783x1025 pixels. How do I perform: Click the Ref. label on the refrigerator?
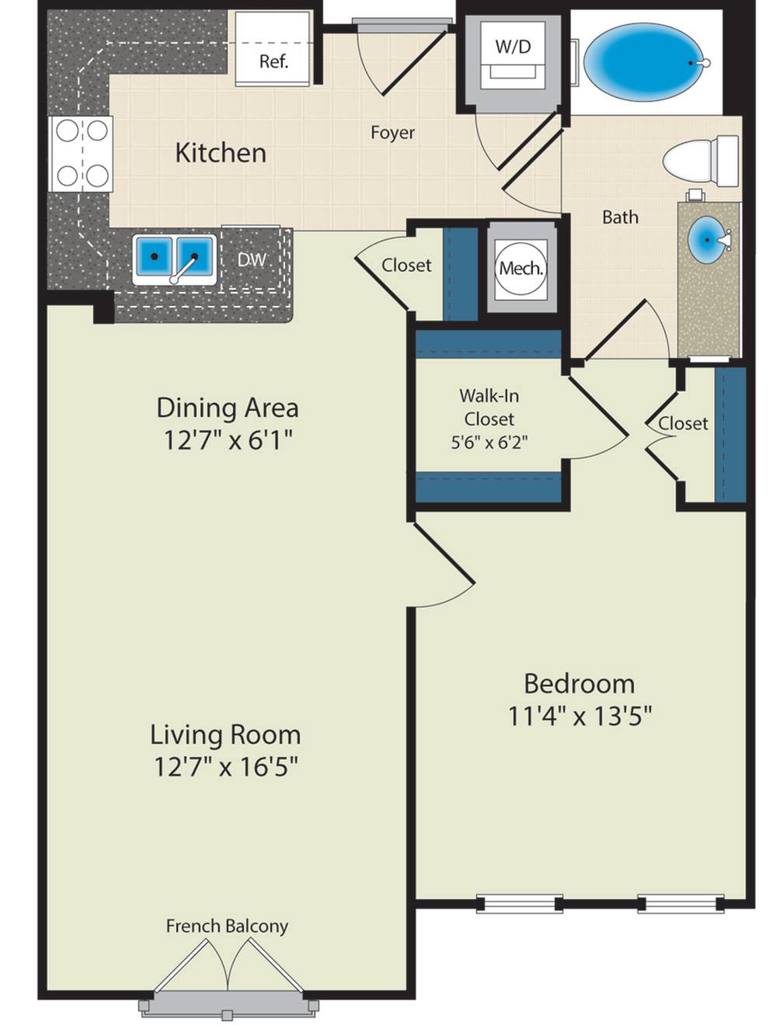pos(273,61)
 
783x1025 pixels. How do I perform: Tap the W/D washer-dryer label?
pos(513,47)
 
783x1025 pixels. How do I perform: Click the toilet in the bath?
pos(701,161)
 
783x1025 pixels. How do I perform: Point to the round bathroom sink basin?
pos(708,240)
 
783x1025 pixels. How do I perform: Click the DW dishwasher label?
pos(252,259)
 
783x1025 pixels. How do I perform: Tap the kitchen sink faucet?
pos(183,269)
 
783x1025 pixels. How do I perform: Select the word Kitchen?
pos(221,153)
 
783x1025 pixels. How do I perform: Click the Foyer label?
pos(392,133)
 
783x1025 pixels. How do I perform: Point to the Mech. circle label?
pos(520,268)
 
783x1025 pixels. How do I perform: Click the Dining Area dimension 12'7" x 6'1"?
pos(228,440)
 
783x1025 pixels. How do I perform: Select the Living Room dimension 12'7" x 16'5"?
pos(226,766)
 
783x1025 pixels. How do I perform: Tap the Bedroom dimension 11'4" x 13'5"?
pos(579,715)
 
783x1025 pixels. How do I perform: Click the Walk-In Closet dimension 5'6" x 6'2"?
pos(489,442)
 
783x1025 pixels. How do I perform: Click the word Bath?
pos(620,217)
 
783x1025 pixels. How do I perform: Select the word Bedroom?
pos(579,683)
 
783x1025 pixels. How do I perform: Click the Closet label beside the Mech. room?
pos(406,266)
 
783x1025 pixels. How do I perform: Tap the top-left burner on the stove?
pos(68,130)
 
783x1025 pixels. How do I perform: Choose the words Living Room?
pos(225,734)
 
